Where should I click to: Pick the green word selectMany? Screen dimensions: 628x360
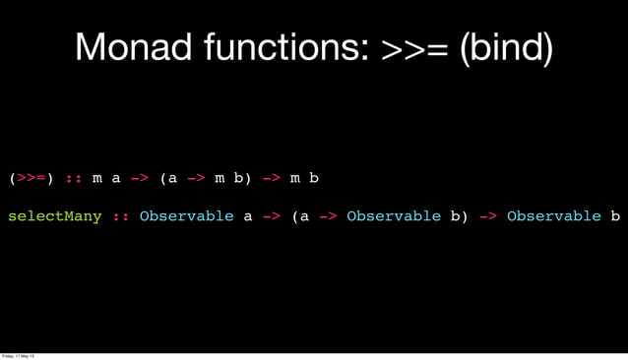point(55,216)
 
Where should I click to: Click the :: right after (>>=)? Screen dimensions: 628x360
point(74,179)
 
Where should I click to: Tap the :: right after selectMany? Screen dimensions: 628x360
point(121,216)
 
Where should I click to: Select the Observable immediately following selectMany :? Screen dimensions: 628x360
point(186,216)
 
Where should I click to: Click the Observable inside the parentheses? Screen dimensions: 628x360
point(394,216)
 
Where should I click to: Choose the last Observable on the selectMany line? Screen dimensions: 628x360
point(553,216)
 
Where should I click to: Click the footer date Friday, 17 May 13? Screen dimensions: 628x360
point(20,355)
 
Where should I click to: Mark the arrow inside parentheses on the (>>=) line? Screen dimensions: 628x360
point(196,179)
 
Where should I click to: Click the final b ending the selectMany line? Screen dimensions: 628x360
point(615,216)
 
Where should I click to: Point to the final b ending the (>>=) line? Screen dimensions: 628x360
point(314,179)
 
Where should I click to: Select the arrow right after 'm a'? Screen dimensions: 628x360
point(140,179)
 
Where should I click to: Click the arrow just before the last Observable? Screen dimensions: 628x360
point(487,216)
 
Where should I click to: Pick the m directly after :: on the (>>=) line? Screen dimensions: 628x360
point(96,179)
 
